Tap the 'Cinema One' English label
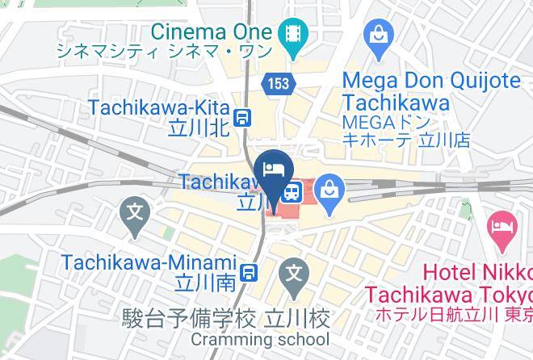[211, 31]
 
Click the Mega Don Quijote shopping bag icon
[378, 33]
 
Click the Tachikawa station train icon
[292, 192]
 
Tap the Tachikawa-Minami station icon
[251, 273]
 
